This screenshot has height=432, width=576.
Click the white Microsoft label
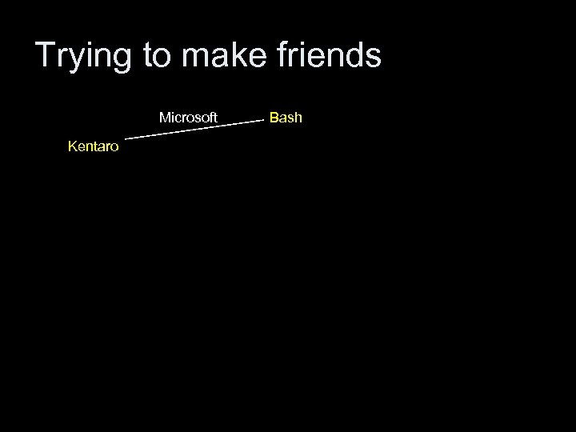point(188,118)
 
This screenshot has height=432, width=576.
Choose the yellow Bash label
point(286,118)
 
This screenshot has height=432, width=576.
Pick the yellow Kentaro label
point(94,146)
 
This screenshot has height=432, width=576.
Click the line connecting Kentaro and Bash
point(194,130)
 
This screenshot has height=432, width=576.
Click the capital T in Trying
point(46,56)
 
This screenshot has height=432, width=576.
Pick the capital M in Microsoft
point(164,118)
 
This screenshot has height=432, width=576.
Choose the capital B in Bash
point(274,118)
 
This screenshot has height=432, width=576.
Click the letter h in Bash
point(298,118)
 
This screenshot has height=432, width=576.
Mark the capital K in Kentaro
point(72,146)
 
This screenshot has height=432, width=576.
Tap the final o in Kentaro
point(115,147)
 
